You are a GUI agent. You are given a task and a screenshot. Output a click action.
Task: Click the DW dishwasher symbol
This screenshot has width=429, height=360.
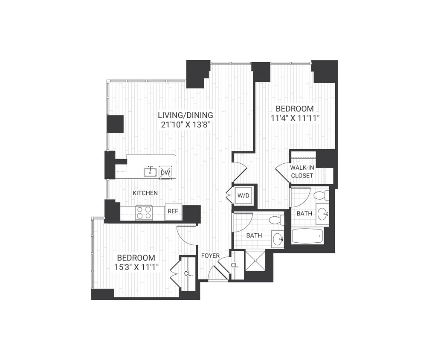(165, 172)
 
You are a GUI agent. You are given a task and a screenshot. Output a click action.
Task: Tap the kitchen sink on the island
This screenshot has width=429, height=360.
(150, 172)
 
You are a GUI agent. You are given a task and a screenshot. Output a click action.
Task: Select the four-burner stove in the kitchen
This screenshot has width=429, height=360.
(144, 212)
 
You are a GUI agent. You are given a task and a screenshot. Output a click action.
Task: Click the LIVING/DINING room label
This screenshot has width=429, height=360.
(185, 115)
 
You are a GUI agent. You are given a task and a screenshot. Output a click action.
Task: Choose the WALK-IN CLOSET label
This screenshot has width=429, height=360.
(302, 171)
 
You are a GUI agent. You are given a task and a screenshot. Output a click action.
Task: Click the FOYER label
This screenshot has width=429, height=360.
(210, 256)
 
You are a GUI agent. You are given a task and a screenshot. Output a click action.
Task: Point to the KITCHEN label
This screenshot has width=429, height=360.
(145, 193)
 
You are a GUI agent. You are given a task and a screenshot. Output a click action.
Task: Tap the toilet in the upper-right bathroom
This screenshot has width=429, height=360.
(320, 195)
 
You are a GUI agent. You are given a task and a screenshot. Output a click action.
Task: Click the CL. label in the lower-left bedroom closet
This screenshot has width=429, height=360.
(188, 274)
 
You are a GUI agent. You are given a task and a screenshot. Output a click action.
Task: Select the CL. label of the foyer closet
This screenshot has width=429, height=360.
(235, 265)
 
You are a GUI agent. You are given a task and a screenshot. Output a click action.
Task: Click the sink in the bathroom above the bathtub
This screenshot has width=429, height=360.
(323, 214)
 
